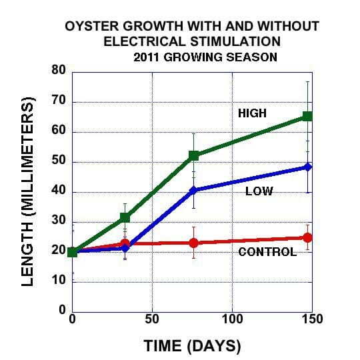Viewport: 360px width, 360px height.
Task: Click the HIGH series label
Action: click(252, 113)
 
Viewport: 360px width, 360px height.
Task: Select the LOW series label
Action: click(259, 191)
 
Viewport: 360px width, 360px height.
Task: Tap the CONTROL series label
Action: click(267, 252)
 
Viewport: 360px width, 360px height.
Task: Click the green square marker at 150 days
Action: click(307, 116)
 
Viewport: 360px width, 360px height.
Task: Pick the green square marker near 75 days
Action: click(194, 155)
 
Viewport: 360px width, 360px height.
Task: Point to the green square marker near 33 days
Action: click(125, 217)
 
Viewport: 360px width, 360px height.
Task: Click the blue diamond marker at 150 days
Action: click(307, 167)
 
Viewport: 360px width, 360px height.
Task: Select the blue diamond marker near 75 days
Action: click(194, 190)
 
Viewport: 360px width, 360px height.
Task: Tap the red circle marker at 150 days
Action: click(307, 237)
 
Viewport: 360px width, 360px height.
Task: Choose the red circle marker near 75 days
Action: click(194, 243)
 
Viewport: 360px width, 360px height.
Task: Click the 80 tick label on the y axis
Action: click(59, 70)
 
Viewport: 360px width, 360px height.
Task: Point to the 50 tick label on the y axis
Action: click(59, 160)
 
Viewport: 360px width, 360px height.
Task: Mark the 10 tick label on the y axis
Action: click(59, 280)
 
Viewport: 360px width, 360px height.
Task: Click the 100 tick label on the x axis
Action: click(233, 319)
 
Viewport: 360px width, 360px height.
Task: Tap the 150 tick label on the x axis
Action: click(313, 319)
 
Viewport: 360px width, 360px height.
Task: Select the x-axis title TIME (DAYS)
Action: click(193, 346)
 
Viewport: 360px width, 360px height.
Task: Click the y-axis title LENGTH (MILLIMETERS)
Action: click(28, 192)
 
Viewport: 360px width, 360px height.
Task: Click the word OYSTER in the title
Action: click(91, 26)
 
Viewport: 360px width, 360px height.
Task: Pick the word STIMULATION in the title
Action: click(235, 41)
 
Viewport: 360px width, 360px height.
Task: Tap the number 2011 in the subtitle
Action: click(147, 57)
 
